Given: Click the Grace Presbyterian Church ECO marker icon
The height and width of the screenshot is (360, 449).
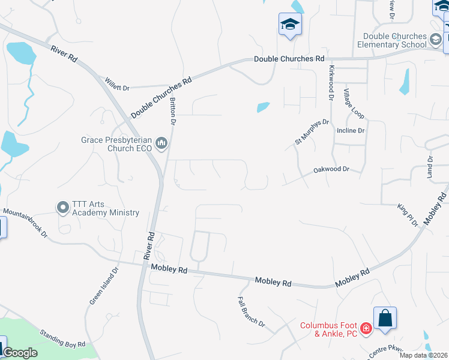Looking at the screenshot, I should point(161,144).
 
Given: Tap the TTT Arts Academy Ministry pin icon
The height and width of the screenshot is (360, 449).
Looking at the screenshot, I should point(62,208).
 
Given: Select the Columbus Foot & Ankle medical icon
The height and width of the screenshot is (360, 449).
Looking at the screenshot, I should point(366,329).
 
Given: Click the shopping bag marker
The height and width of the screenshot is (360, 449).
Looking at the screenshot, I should point(385,317).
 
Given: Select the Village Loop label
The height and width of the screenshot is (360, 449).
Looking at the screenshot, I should point(353,104).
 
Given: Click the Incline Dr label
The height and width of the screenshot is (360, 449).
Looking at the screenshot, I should point(351,130).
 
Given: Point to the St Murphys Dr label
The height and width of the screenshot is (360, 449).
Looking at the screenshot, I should point(312,132).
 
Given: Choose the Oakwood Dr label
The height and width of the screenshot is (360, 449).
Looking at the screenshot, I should point(331,170).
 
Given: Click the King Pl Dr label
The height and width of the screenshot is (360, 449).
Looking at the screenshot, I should point(407,215).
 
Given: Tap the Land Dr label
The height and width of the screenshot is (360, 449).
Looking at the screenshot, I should point(430,166).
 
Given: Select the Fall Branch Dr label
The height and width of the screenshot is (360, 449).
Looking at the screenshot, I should point(251,312).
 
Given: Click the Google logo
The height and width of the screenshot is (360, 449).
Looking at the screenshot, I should point(20,353).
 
